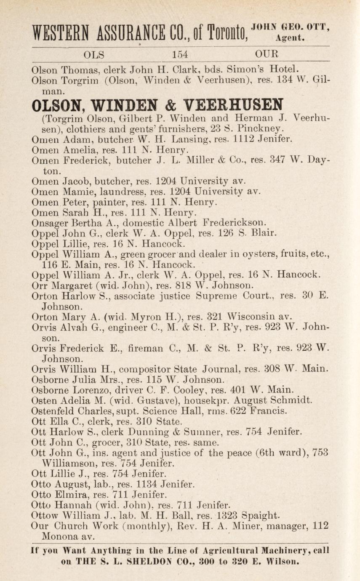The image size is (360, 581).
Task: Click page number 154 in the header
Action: pyautogui.click(x=179, y=55)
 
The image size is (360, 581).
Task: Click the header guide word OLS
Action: pyautogui.click(x=93, y=55)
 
